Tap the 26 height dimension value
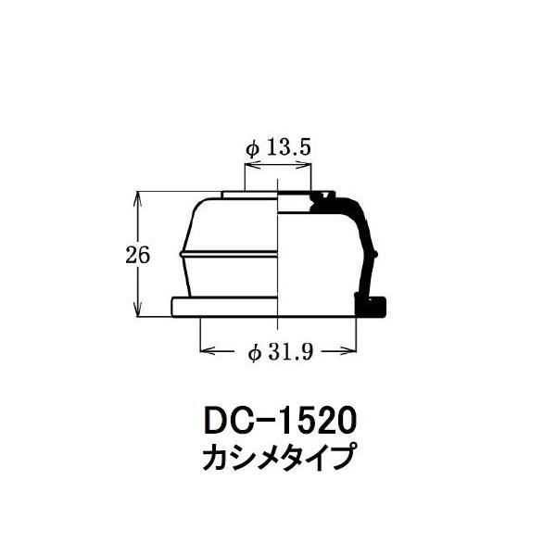138,255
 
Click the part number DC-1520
280,421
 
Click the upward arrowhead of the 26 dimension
137,198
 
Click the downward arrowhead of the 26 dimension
137,310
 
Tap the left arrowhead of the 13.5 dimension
252,165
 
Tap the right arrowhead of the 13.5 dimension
304,165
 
